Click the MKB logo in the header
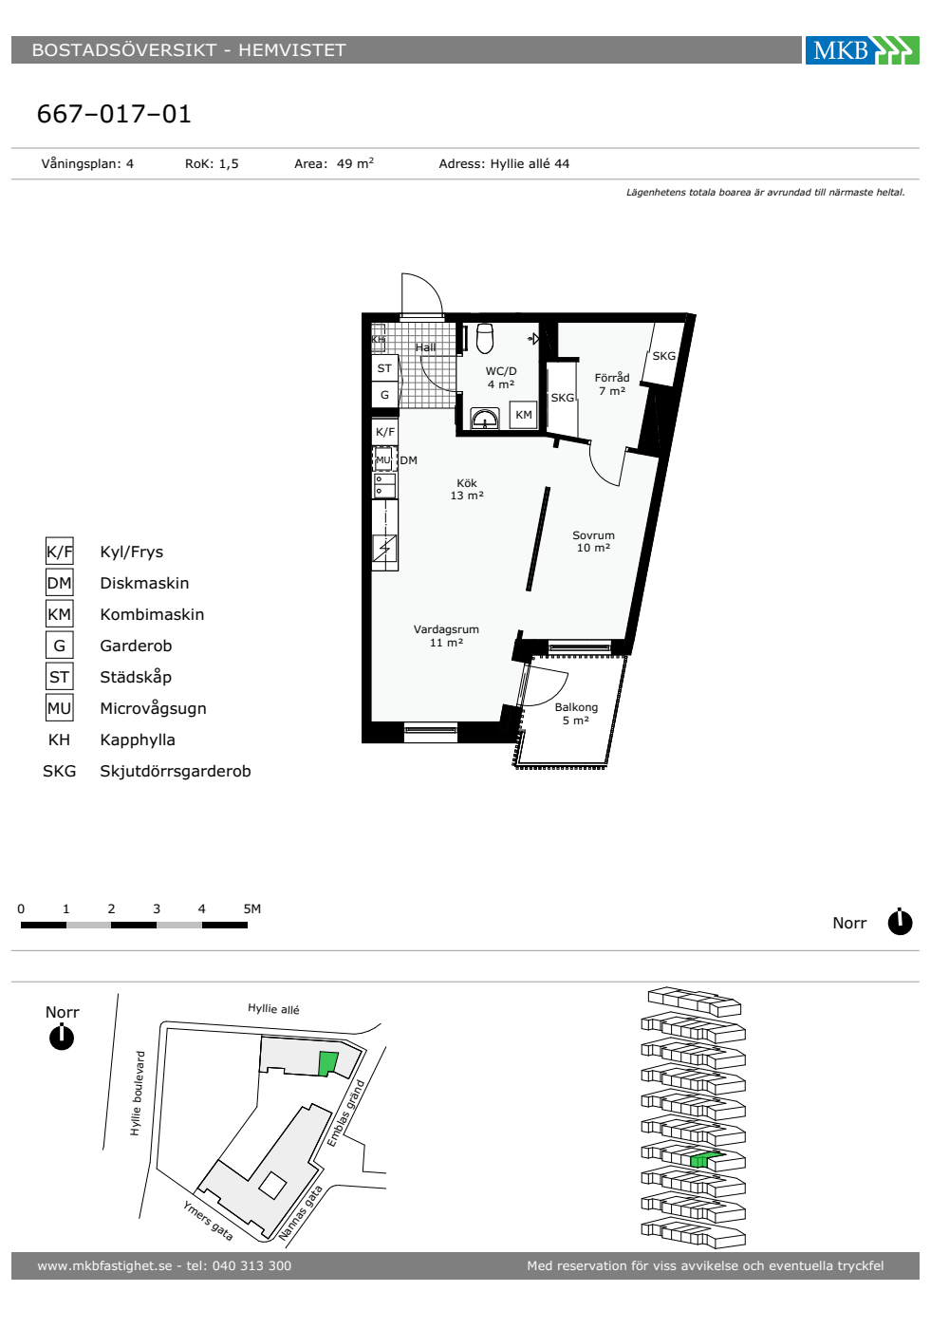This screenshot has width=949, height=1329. point(862,49)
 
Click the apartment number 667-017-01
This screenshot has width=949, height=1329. point(114,114)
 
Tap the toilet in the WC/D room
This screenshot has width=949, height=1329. point(485,338)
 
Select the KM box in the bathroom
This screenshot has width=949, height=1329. point(523,415)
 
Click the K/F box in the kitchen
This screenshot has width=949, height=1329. point(385,431)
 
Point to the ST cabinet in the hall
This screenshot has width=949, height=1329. point(384,368)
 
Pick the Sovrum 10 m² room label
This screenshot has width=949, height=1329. point(593,541)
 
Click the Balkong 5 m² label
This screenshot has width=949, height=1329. point(576,713)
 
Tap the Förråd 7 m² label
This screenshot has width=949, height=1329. point(612,384)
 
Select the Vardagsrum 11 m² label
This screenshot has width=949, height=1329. point(446,635)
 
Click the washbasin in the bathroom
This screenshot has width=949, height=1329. point(485,418)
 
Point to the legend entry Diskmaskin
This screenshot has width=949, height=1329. point(144,583)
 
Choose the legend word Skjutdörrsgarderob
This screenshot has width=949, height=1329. point(175,771)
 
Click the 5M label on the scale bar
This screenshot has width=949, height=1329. point(252,908)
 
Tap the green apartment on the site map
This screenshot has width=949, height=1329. point(328,1063)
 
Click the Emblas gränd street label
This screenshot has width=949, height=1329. point(345,1113)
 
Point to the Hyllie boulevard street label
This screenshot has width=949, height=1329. point(137,1094)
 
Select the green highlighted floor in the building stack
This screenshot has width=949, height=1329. point(706,1159)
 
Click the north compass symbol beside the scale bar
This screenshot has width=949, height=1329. point(900,922)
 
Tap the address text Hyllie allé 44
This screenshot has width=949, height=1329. point(530,163)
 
